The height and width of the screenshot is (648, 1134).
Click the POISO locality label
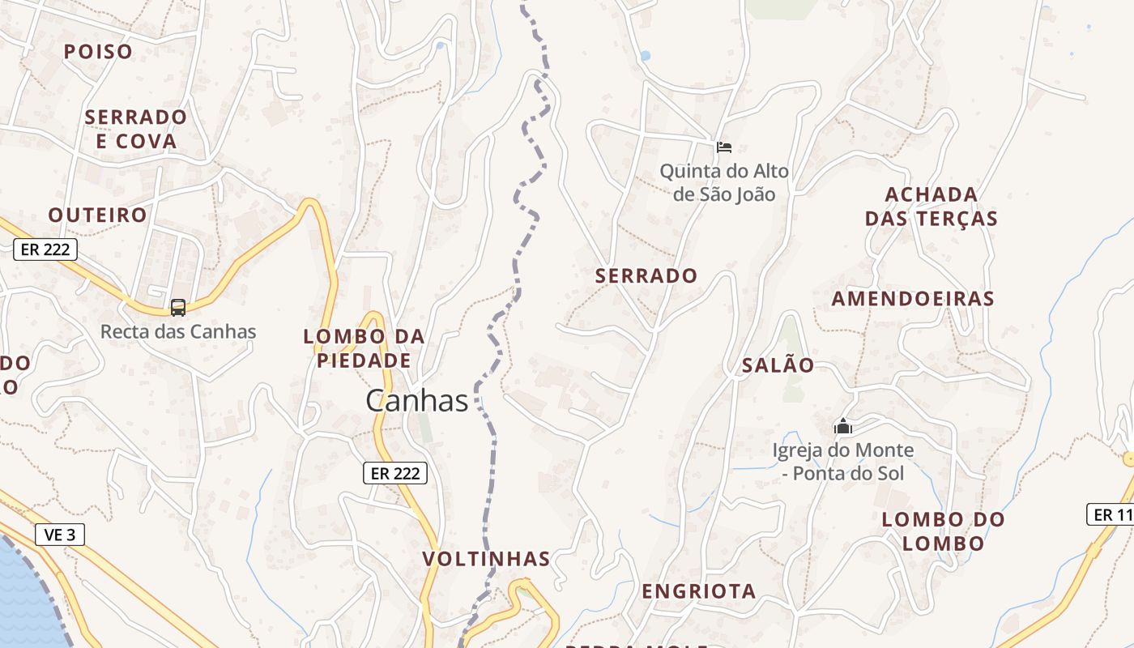point(98,52)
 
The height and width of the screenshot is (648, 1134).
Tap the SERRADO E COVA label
point(135,129)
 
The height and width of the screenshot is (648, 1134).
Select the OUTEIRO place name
point(97,215)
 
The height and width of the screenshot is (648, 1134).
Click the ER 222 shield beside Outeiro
point(45,249)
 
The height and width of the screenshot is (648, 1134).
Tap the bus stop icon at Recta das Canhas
point(178,308)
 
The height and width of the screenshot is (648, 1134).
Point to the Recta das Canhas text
point(178,331)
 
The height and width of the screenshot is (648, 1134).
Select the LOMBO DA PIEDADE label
point(364,348)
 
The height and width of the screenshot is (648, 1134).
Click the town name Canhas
point(416,400)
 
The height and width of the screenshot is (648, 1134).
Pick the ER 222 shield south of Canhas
point(394,473)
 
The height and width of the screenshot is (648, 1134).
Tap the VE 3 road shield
point(60,535)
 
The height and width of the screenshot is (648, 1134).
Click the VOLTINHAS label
point(486,559)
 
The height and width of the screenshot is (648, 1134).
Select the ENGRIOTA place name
point(699,591)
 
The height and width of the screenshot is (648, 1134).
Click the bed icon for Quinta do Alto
point(724,147)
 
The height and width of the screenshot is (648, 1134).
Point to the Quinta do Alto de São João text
point(723,182)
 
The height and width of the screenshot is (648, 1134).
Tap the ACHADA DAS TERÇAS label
point(931,207)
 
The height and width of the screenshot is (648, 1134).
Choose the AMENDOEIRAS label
point(913,298)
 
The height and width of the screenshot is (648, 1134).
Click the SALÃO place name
point(778,365)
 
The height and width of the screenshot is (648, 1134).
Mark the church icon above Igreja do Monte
point(843,425)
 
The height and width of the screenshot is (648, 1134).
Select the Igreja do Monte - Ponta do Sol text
point(842,462)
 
